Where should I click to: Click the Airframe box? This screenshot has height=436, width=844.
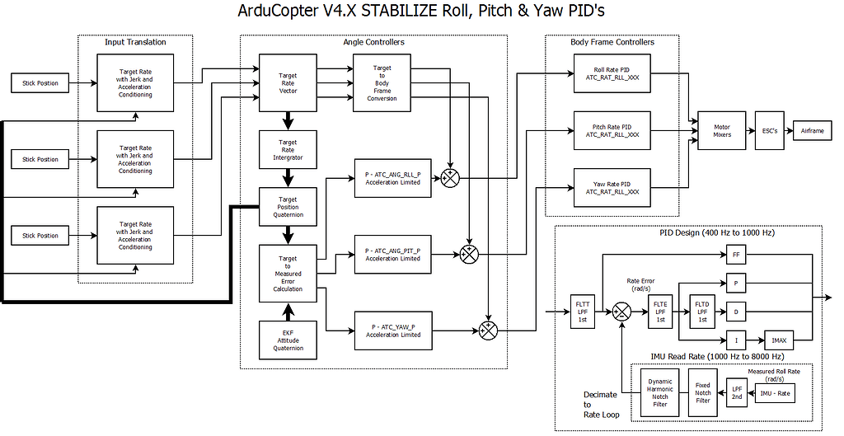[812, 130]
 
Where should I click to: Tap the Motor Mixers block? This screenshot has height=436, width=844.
[721, 130]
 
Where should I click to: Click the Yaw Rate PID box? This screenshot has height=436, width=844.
[612, 187]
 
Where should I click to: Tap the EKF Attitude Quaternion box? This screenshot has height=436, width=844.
[288, 338]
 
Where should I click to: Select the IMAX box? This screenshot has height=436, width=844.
[778, 340]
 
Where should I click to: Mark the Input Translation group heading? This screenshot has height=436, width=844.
[135, 42]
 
